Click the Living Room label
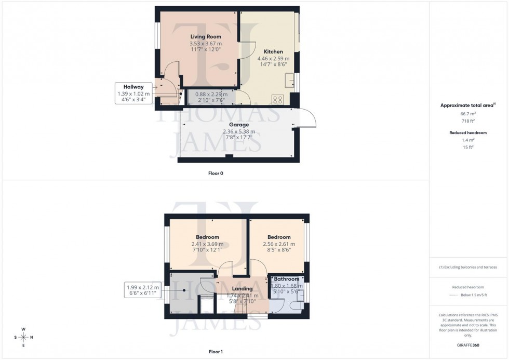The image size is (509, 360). pos(206,37)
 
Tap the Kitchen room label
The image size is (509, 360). pos(273,52)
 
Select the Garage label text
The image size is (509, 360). pos(239,125)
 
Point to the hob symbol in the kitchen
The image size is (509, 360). pos(277,98)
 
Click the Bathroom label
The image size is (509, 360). pos(287,279)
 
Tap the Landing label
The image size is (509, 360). pos(242,289)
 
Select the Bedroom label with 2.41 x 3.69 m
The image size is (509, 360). pos(207,237)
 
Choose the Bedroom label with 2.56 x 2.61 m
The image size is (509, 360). pos(279,237)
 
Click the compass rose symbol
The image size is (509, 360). pos(23,337)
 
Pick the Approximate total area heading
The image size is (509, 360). pos(467,105)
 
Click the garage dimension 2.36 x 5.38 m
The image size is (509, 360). pos(239,132)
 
